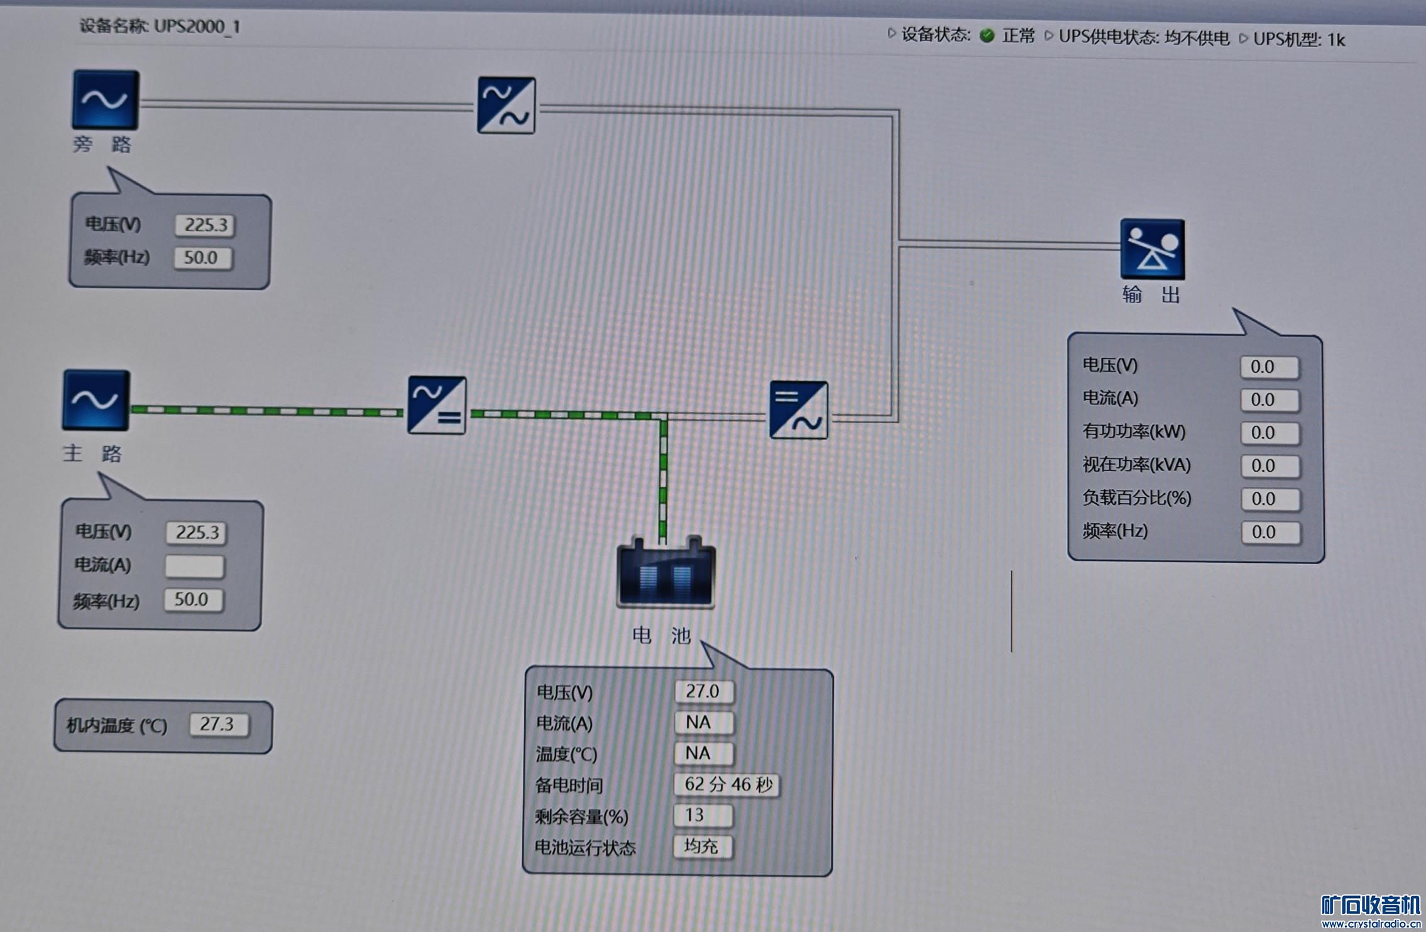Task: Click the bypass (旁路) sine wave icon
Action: (x=106, y=100)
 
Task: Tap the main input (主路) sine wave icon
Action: (x=96, y=400)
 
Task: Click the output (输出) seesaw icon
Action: (x=1152, y=249)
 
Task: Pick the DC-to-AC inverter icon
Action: (x=798, y=410)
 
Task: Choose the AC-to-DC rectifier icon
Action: (x=437, y=405)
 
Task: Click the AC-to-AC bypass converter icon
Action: (x=507, y=105)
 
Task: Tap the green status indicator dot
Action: (x=987, y=35)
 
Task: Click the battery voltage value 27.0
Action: (x=703, y=691)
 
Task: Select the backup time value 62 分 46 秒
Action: (x=727, y=784)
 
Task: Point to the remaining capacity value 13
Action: (x=702, y=815)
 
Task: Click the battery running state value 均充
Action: (x=702, y=846)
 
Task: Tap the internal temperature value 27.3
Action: (x=218, y=724)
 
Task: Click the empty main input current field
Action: (x=195, y=566)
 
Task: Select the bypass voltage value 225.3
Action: (x=205, y=225)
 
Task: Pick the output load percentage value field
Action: (x=1270, y=499)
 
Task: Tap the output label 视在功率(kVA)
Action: (x=1136, y=465)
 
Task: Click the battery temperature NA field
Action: (x=703, y=753)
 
